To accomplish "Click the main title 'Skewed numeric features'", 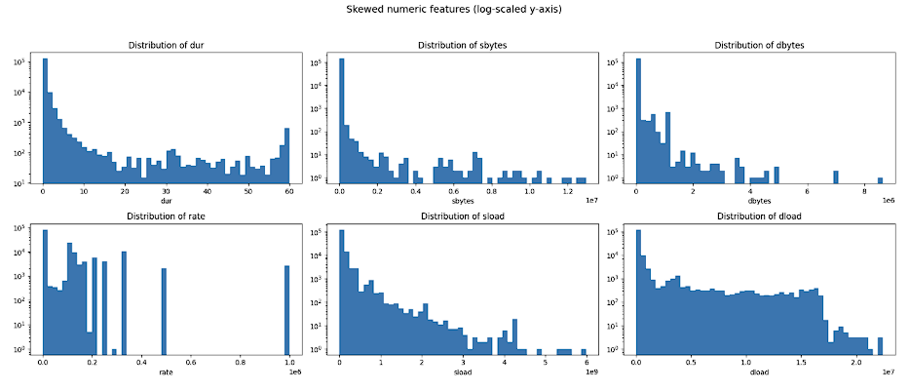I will tap(454, 9).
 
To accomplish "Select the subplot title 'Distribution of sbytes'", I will tap(461, 46).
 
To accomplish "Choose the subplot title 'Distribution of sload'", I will tap(461, 216).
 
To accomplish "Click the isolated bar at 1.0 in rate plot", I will tap(287, 310).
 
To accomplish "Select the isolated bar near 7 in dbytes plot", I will tap(836, 176).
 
